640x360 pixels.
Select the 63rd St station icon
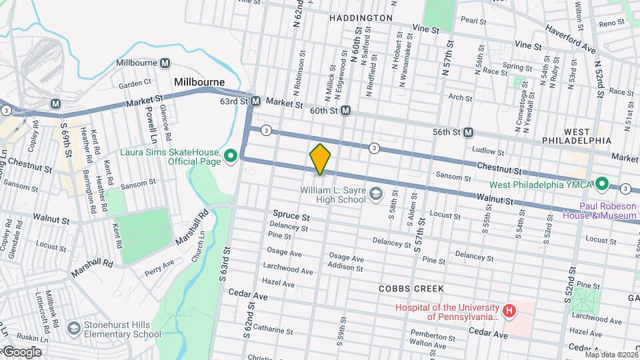coord(254,102)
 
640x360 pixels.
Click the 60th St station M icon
coord(345,111)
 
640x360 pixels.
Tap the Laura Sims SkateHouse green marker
coord(231,157)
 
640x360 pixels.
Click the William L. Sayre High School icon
coord(376,194)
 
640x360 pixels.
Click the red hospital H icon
coord(509,311)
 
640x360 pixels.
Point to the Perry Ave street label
coord(160,267)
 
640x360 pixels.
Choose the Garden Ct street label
coord(135,84)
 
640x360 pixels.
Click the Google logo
coord(21,352)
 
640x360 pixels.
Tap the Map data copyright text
coord(610,354)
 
